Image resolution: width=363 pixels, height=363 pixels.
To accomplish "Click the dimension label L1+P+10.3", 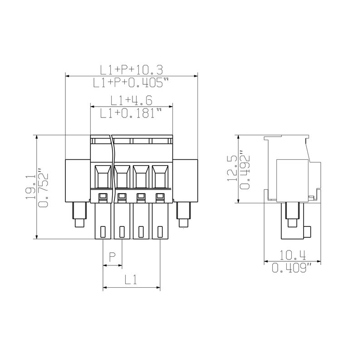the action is pyautogui.click(x=132, y=70).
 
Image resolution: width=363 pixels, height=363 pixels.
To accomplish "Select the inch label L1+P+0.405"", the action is pyautogui.click(x=131, y=83).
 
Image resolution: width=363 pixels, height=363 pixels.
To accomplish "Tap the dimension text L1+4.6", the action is pyautogui.click(x=131, y=100).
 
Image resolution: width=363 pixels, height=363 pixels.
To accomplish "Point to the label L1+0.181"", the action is pyautogui.click(x=131, y=113).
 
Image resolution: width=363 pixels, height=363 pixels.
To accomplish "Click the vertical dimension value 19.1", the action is pyautogui.click(x=30, y=187).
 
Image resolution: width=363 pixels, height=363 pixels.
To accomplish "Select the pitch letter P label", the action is pyautogui.click(x=112, y=257).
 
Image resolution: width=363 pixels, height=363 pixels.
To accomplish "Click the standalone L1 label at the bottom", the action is pyautogui.click(x=131, y=280).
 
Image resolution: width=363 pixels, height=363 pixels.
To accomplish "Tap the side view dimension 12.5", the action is pyautogui.click(x=232, y=168).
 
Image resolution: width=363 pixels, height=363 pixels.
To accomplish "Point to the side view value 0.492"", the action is pyautogui.click(x=245, y=169).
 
